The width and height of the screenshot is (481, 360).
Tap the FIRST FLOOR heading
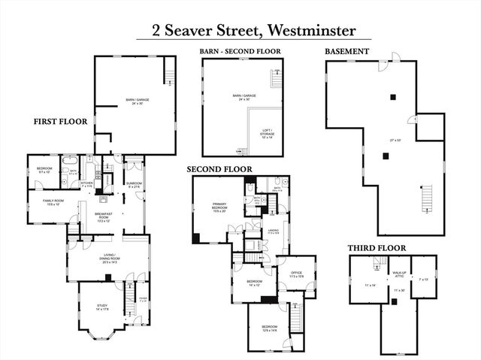[x=61, y=121]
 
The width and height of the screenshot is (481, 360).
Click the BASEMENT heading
[x=346, y=51]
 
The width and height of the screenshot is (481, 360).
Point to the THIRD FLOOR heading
[x=377, y=247]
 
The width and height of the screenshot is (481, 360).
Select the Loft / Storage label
[x=268, y=133]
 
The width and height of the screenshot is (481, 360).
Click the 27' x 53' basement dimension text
[x=395, y=141]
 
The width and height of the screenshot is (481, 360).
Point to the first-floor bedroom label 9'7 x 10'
[x=44, y=171]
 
